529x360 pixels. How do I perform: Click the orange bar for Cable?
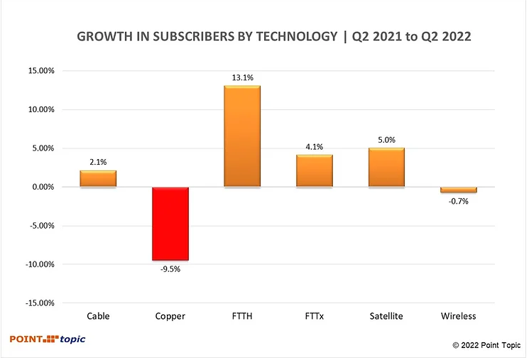click(x=98, y=178)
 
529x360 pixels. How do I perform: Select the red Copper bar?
click(x=170, y=224)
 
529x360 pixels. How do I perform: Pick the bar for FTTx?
click(x=314, y=171)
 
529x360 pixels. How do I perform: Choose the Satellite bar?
click(x=386, y=168)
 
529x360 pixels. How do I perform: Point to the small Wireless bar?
click(x=458, y=190)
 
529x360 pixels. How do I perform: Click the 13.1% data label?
click(x=242, y=78)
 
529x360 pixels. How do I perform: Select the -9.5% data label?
click(x=170, y=269)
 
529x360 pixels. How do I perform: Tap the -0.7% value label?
click(x=458, y=201)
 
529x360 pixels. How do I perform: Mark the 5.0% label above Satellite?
click(x=386, y=141)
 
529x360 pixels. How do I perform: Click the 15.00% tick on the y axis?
click(x=40, y=71)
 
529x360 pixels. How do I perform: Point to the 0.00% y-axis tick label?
click(x=42, y=187)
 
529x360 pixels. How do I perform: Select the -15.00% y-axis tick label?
click(x=39, y=303)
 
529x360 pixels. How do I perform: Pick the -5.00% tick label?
click(x=40, y=226)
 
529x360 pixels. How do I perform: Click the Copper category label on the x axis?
click(x=170, y=316)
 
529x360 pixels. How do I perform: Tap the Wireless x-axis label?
click(x=458, y=316)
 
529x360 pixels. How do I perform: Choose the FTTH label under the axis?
click(x=242, y=316)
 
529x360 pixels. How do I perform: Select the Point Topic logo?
click(x=48, y=339)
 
